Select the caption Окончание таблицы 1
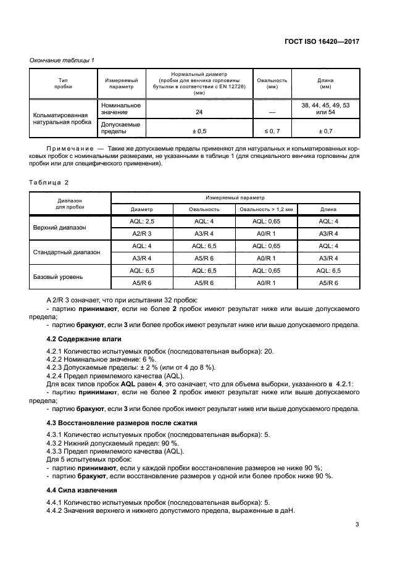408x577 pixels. tap(62, 60)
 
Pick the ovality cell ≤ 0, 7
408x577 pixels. tap(272, 131)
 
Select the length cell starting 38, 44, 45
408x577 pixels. tap(325, 109)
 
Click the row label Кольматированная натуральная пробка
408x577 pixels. tap(60, 119)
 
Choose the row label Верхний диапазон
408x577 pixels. tap(59, 228)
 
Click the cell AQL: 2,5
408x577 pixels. tap(142, 221)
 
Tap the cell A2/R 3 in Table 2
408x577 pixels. tap(142, 234)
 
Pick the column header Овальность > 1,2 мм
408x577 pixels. tap(266, 209)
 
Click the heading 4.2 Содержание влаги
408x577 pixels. tap(84, 339)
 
